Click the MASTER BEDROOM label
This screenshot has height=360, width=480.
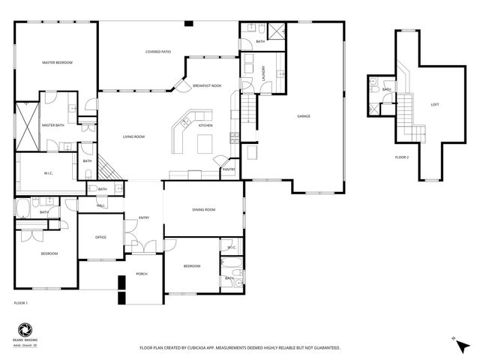click(57, 62)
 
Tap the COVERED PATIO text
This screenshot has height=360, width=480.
click(158, 51)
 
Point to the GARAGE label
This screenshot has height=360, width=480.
click(304, 116)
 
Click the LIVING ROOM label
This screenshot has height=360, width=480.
click(133, 136)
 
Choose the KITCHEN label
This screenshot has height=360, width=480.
click(205, 125)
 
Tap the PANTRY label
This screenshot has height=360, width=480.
click(229, 169)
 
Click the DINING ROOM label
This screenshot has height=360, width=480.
click(204, 209)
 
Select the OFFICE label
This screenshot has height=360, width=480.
click(100, 237)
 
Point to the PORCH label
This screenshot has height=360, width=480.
click(141, 274)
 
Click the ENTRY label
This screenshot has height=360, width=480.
click(143, 218)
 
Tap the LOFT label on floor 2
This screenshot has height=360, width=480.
click(434, 104)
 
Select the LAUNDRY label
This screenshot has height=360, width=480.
click(264, 73)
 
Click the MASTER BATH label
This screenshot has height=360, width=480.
click(52, 125)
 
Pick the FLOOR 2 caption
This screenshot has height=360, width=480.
click(402, 157)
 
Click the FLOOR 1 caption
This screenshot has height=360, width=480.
click(21, 302)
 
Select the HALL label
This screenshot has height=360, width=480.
click(101, 205)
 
